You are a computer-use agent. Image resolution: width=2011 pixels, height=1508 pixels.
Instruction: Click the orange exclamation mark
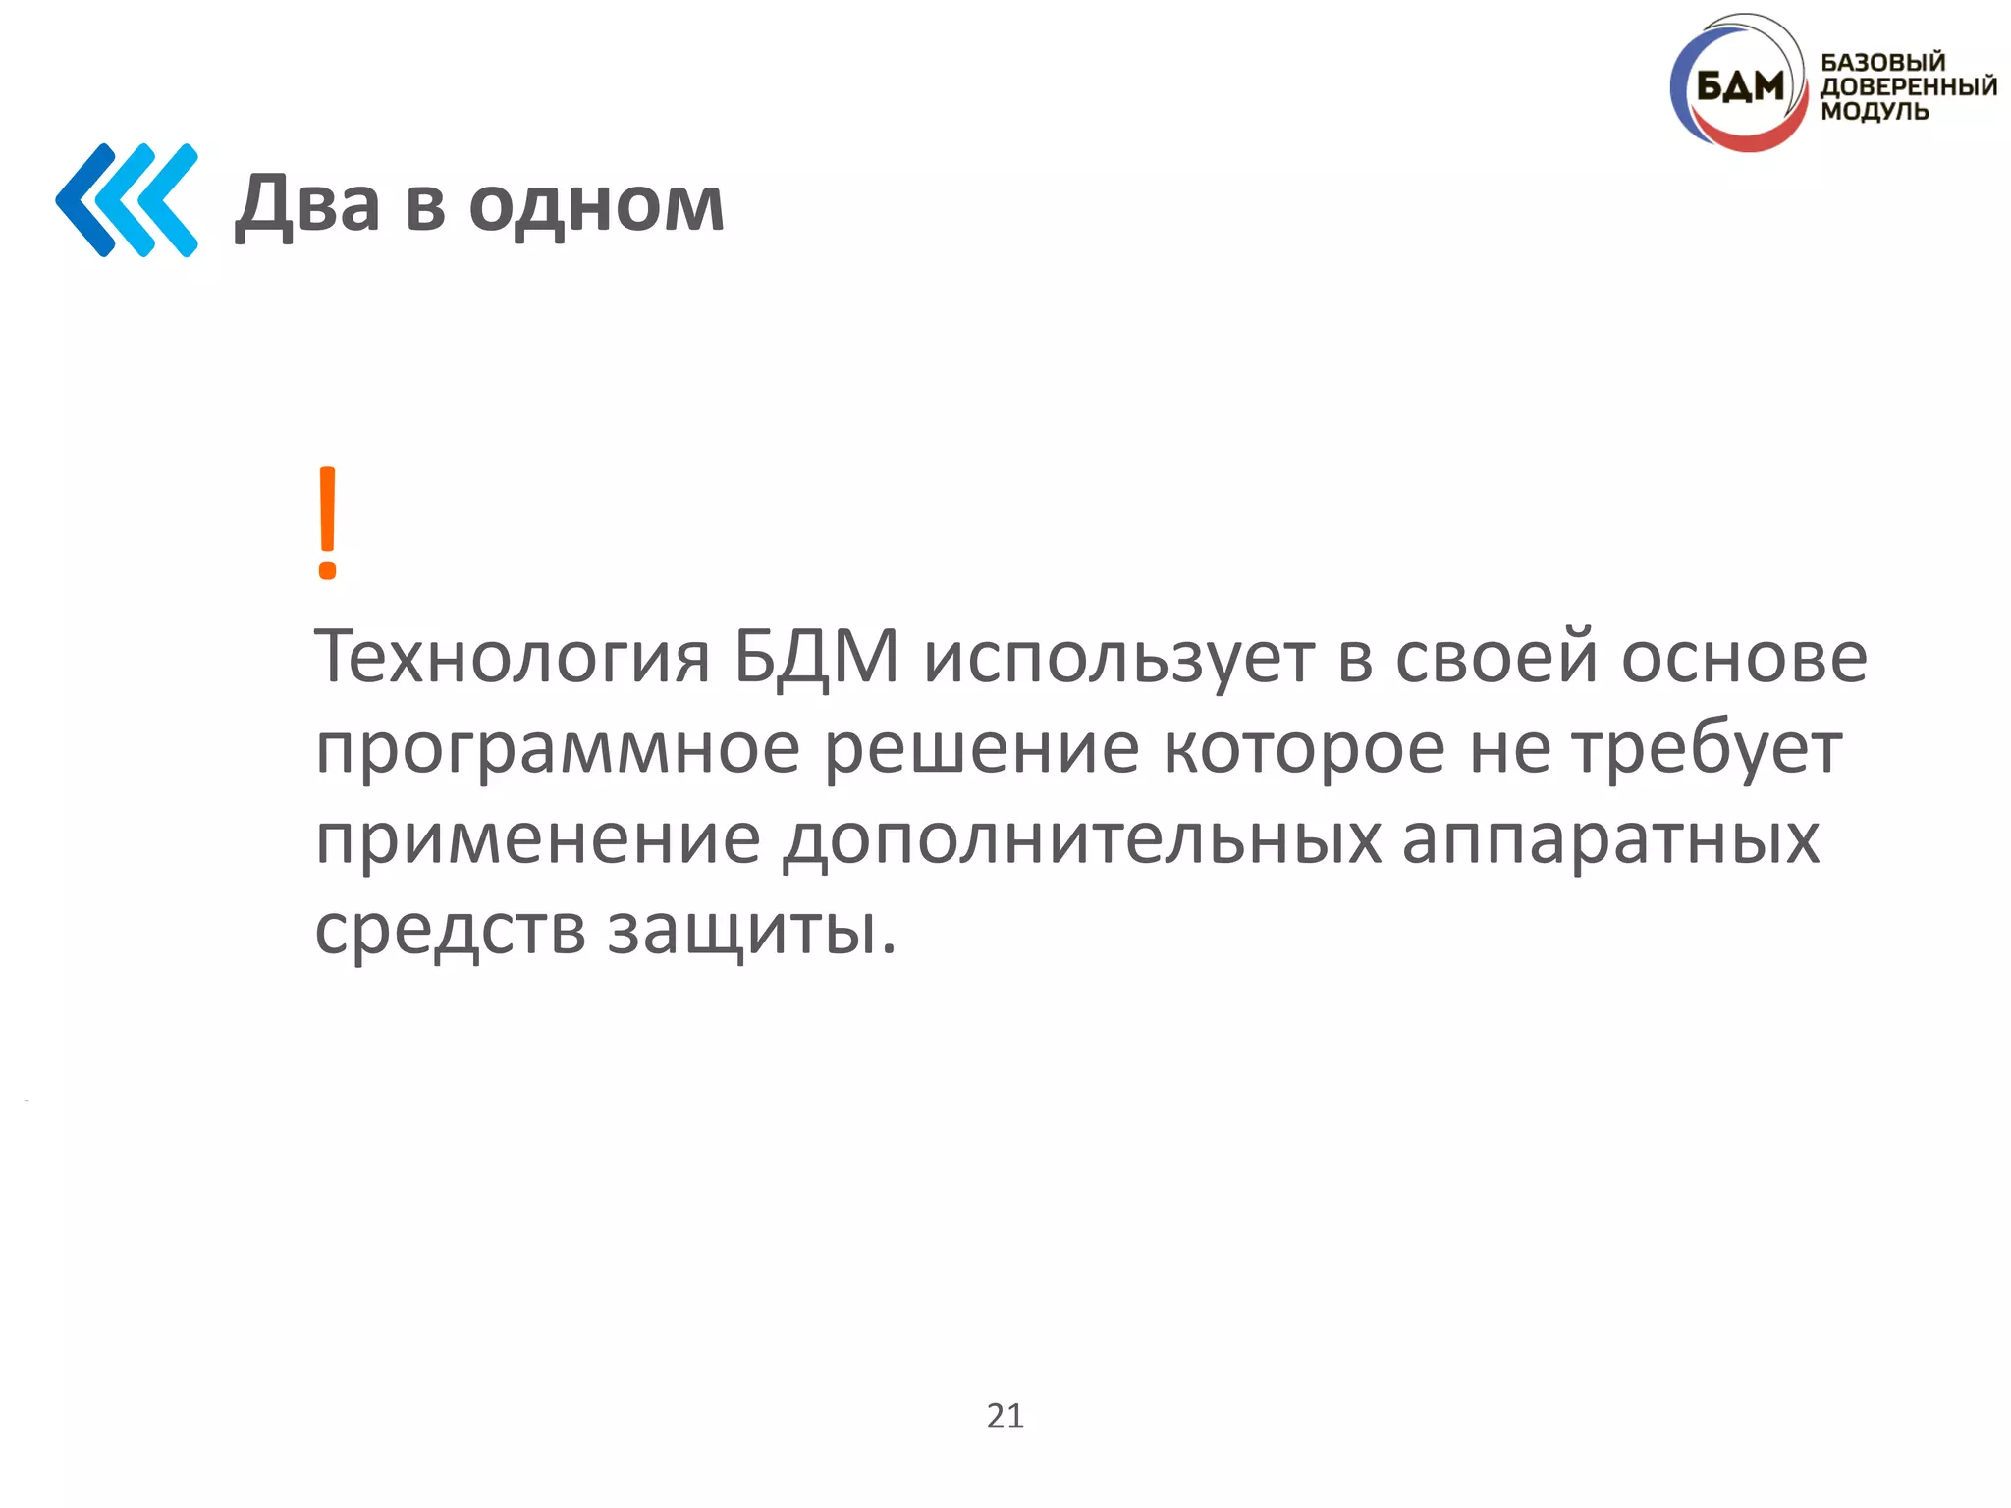[x=328, y=522]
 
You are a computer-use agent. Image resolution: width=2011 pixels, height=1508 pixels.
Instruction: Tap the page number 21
[x=1005, y=1416]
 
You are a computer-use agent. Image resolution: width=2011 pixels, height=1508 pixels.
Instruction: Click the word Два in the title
[x=307, y=204]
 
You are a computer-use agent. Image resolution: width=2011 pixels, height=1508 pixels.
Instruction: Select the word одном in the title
[x=596, y=204]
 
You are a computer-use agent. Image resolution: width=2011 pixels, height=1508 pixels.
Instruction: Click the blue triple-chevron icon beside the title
[x=127, y=200]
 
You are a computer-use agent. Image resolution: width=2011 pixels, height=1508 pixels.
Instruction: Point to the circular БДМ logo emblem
[x=1738, y=86]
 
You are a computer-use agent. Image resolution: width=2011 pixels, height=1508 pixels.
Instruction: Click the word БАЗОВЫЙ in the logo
[x=1882, y=62]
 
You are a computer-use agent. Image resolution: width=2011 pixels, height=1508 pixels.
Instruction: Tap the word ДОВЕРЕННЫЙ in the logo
[x=1908, y=86]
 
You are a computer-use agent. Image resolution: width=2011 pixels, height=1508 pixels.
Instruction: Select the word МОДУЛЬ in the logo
[x=1874, y=111]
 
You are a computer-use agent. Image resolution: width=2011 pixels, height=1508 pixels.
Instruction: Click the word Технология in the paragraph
[x=512, y=657]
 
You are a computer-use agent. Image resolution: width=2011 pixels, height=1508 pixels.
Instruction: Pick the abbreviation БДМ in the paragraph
[x=816, y=656]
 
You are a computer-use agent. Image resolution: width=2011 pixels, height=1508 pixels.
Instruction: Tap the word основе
[x=1744, y=657]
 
